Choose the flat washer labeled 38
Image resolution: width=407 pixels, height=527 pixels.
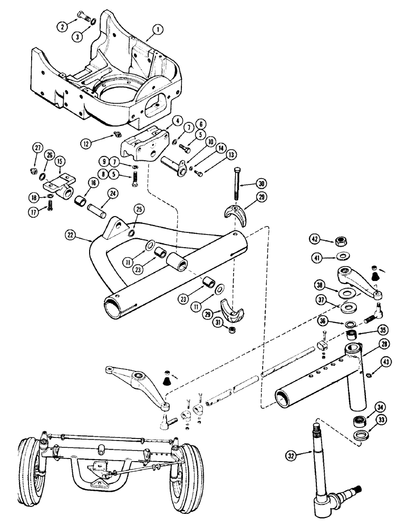347,292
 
